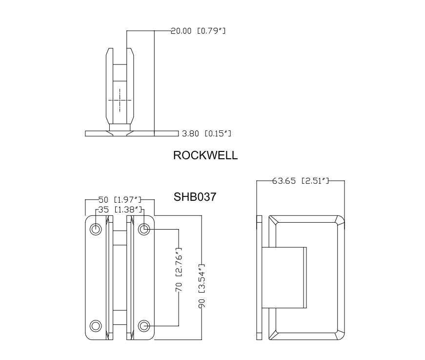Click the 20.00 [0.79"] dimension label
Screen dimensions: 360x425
[x=198, y=31]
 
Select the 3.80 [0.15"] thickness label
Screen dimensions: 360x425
[x=206, y=133]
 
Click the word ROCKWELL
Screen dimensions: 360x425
[x=205, y=155]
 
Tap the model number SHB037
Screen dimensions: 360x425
[x=195, y=197]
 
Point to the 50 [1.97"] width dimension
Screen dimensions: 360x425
[x=120, y=200]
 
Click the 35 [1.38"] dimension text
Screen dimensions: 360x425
[x=120, y=210]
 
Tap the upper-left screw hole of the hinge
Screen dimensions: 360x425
[x=96, y=229]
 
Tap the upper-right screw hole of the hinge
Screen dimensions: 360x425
[x=143, y=229]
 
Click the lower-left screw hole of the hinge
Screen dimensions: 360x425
[x=96, y=325]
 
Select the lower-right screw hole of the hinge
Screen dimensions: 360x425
[x=143, y=325]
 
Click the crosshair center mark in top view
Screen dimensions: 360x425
[x=120, y=100]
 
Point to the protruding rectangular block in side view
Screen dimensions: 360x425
[x=284, y=277]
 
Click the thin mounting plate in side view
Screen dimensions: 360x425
[x=259, y=277]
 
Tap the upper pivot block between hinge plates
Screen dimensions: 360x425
[x=120, y=237]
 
